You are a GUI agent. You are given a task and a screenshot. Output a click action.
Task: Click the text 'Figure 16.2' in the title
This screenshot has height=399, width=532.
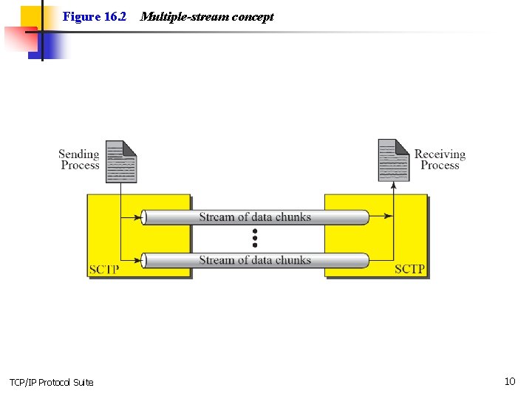(95, 16)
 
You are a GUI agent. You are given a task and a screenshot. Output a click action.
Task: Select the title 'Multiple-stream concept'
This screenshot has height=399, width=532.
(206, 16)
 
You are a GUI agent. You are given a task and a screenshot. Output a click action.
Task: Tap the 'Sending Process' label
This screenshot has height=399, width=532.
(79, 160)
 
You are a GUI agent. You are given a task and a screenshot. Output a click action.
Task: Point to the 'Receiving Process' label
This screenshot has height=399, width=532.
(440, 160)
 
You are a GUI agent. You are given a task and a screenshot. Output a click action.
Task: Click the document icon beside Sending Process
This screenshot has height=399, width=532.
(121, 161)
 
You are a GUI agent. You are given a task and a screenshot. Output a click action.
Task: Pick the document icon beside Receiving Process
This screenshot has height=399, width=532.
(393, 160)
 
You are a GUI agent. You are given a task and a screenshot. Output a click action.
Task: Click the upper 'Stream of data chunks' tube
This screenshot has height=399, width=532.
(255, 217)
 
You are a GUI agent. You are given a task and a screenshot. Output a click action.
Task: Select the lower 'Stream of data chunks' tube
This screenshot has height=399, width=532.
(255, 260)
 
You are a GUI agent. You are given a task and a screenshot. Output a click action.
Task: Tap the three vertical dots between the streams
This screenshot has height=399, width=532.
(255, 238)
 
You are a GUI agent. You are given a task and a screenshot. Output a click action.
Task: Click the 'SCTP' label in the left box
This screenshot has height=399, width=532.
(103, 269)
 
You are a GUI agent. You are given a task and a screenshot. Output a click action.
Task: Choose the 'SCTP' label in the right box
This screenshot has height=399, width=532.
(410, 269)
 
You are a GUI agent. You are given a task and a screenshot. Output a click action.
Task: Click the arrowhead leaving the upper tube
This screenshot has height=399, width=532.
(389, 217)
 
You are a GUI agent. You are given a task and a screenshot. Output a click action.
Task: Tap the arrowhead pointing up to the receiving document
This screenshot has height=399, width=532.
(393, 187)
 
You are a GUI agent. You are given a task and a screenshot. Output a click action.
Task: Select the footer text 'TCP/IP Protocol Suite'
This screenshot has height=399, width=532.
(52, 382)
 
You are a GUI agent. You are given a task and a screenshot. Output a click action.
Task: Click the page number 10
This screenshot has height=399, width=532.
(510, 381)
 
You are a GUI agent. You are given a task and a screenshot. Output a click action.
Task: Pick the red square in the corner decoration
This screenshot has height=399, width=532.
(19, 41)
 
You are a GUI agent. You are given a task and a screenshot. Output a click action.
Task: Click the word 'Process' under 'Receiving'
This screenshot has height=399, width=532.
(440, 166)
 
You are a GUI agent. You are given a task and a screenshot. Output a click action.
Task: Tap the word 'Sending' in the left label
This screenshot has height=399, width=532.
(79, 154)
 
